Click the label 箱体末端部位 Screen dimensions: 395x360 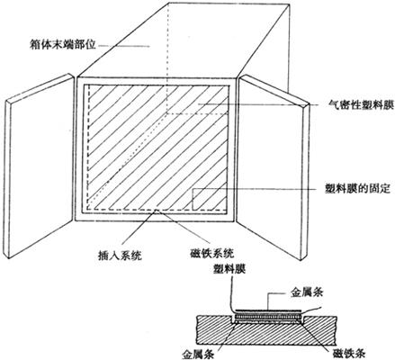point(63,46)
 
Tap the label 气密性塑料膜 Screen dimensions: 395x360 point(361,104)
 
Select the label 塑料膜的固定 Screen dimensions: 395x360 point(358,188)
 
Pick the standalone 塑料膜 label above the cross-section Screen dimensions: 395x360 point(229,269)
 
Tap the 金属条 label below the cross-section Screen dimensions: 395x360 point(198,354)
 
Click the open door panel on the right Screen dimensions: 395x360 point(274,167)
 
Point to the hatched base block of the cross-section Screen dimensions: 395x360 point(265,330)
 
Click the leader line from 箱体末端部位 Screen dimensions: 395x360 point(124,46)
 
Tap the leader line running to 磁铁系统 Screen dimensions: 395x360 point(183,226)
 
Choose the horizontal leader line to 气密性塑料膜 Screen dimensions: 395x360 point(259,104)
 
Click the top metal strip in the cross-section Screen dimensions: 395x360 point(267,310)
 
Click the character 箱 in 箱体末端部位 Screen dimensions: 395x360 point(35,46)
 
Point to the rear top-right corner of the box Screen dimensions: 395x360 point(290,4)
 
